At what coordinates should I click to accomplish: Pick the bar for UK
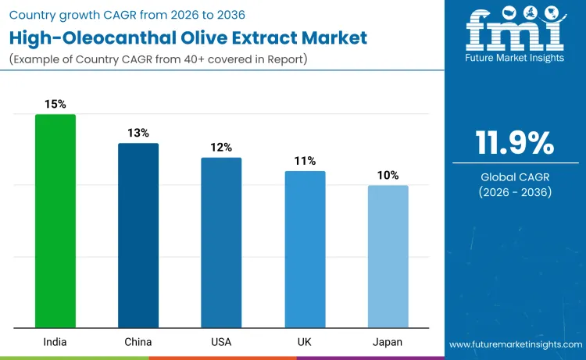click(305, 249)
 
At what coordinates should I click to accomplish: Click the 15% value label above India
click(55, 104)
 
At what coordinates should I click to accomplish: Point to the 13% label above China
click(138, 133)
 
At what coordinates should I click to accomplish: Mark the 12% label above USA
click(221, 147)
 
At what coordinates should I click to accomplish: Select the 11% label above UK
click(305, 161)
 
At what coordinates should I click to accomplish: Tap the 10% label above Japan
click(388, 175)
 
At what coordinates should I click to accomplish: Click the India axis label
click(55, 342)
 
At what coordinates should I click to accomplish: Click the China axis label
click(138, 342)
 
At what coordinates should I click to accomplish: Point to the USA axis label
click(221, 342)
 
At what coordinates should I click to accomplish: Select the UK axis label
click(305, 342)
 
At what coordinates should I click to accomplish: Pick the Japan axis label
click(388, 342)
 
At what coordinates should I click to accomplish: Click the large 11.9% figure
click(515, 143)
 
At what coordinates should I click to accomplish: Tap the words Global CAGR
click(515, 177)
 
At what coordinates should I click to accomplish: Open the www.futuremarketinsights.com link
click(515, 344)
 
